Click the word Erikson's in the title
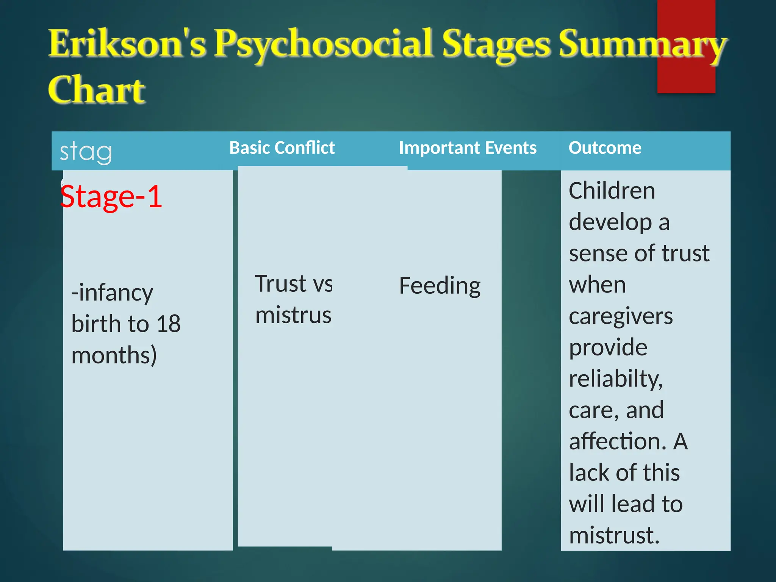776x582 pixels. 127,44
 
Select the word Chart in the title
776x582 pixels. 97,89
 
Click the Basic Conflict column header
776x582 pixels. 282,148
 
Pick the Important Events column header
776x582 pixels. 468,148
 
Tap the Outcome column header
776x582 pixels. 605,148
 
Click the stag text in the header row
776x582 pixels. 86,152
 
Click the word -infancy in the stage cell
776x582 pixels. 112,293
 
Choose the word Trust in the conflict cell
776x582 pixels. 280,284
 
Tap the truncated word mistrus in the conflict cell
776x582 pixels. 293,315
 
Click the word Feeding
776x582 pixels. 440,286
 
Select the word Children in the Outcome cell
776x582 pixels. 612,191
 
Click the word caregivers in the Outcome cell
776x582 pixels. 621,316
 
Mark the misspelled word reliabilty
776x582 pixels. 616,379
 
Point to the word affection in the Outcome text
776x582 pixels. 617,441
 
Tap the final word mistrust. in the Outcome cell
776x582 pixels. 614,535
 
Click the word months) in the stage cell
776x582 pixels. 114,355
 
